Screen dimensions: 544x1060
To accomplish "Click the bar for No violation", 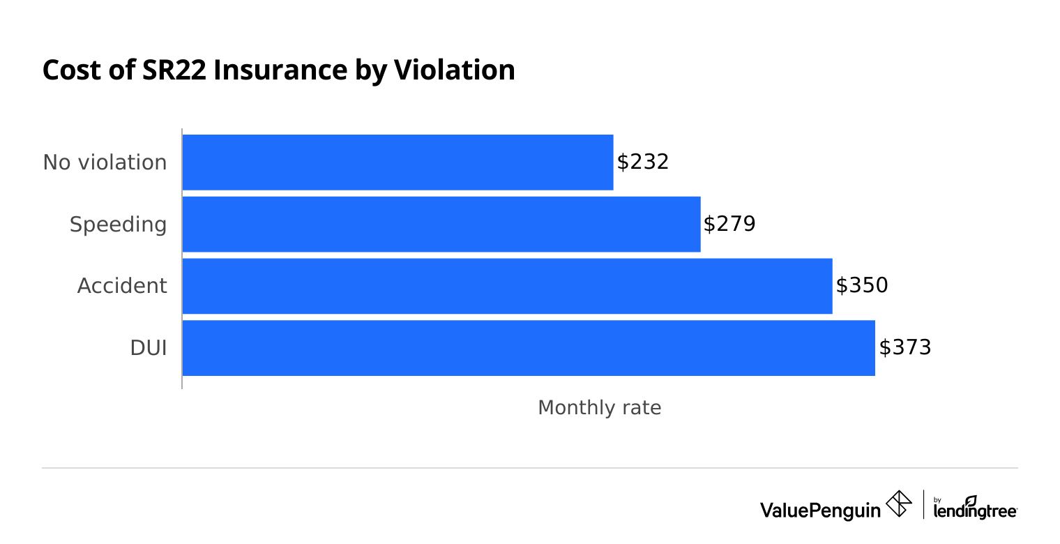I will point(397,162).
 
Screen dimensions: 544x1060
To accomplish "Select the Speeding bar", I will point(441,224).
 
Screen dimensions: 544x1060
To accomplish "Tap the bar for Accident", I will point(507,286).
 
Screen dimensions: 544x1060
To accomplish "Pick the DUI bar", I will point(528,348).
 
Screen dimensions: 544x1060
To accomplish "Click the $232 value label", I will point(642,162).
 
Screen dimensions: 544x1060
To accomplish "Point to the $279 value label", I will point(729,224).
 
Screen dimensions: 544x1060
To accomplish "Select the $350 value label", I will point(861,286).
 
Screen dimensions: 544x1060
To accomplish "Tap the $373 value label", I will point(904,348).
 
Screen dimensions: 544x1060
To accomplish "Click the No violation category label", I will point(105,163).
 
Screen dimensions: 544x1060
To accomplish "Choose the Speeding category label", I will point(118,225).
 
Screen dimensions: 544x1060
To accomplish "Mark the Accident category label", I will point(122,286).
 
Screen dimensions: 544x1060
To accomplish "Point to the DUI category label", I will point(148,348).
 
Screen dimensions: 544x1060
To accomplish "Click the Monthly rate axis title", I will point(599,408).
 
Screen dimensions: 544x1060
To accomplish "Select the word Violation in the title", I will point(455,70).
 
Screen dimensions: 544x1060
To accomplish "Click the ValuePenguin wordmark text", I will point(820,510).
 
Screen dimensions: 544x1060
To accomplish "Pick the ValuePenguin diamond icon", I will point(898,504).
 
